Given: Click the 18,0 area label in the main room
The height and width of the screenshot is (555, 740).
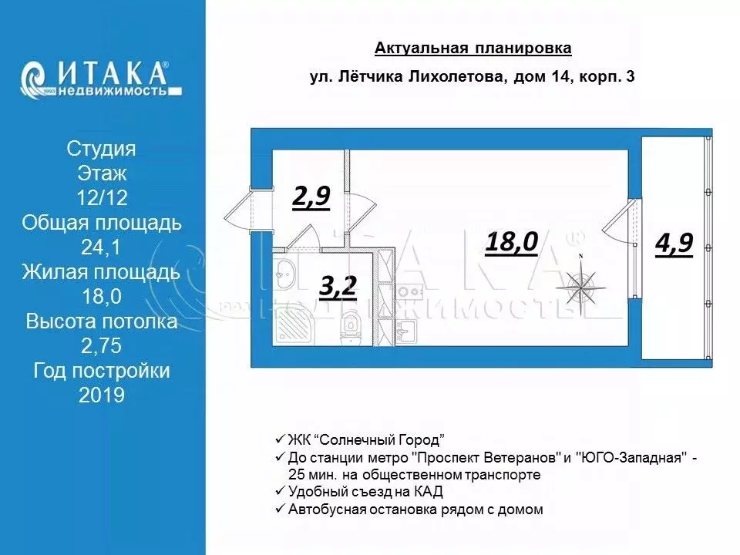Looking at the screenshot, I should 511,242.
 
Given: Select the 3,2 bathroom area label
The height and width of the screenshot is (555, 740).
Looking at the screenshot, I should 338,288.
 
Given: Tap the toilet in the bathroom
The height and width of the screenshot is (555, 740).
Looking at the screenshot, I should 352,328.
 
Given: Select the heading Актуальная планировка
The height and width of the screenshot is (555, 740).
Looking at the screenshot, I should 473,49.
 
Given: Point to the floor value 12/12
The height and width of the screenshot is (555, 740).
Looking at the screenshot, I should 102,198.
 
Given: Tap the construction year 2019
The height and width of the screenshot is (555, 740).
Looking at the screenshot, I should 102,395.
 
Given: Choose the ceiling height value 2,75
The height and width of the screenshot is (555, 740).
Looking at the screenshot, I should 102,346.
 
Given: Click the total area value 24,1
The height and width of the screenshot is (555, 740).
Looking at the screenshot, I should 102,247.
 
